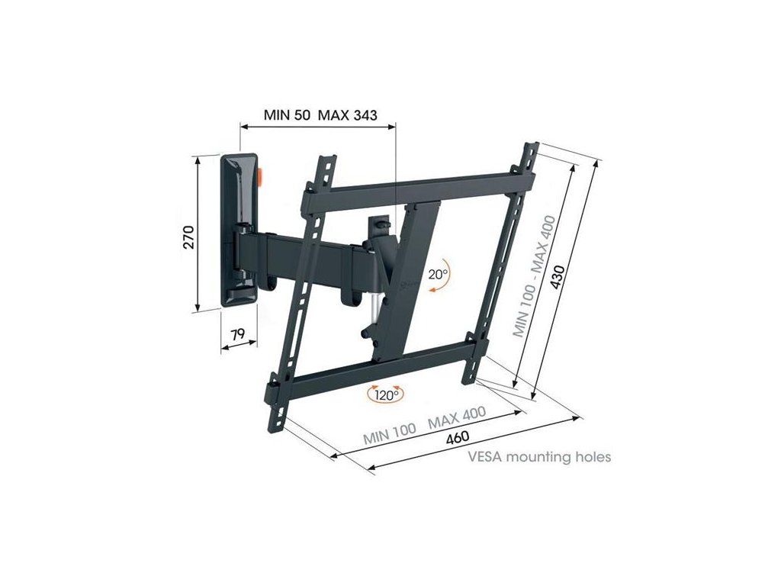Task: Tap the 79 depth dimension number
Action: [x=238, y=333]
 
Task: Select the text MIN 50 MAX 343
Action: [x=320, y=115]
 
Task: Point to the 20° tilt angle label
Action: [x=439, y=274]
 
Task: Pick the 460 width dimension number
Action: [x=458, y=438]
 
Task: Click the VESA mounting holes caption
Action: [x=539, y=456]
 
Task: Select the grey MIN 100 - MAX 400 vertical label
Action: [x=535, y=276]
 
